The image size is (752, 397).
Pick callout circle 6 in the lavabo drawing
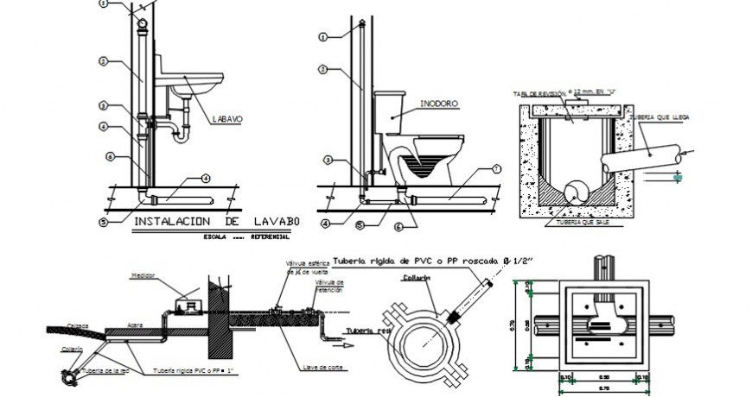(x=110, y=156)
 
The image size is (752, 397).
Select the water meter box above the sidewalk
(x=185, y=306)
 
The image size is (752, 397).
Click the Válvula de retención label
(x=330, y=286)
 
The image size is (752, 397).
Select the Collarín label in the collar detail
(x=416, y=279)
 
